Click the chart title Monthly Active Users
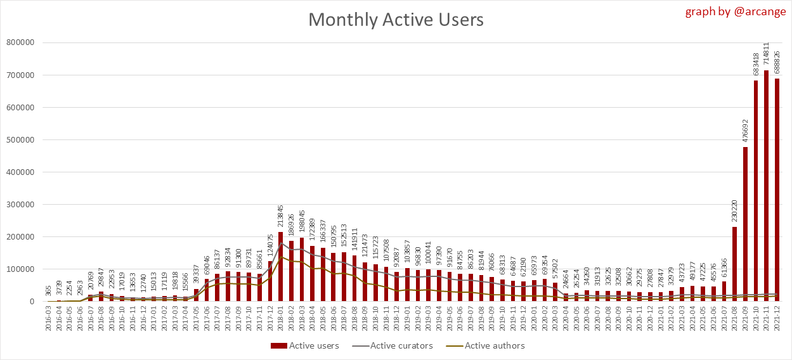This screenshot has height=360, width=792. click(x=396, y=20)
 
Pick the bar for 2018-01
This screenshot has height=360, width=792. click(x=281, y=267)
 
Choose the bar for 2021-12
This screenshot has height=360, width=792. click(x=777, y=190)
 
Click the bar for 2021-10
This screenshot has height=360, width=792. click(x=756, y=191)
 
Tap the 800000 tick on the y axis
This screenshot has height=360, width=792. click(x=20, y=43)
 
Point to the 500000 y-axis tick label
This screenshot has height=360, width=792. click(x=20, y=140)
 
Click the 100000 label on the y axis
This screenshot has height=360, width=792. click(x=20, y=269)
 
